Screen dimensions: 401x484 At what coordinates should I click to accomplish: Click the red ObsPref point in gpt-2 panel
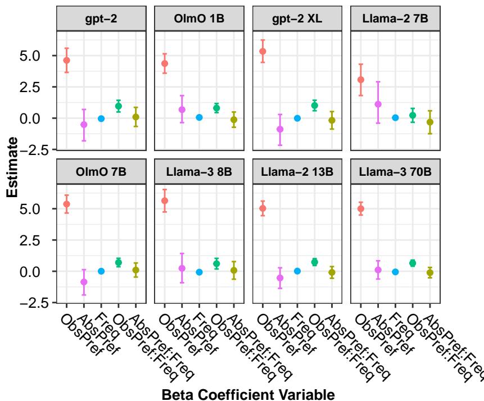pyautogui.click(x=67, y=60)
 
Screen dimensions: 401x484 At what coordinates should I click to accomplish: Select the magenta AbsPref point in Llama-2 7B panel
pyautogui.click(x=378, y=104)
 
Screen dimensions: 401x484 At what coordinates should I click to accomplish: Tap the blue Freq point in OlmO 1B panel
pyautogui.click(x=200, y=117)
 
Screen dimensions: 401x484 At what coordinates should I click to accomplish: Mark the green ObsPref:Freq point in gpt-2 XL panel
pyautogui.click(x=315, y=106)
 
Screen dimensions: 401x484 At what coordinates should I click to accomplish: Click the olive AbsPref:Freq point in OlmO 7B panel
pyautogui.click(x=136, y=270)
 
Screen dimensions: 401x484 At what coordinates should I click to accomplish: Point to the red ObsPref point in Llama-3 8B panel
pyautogui.click(x=165, y=200)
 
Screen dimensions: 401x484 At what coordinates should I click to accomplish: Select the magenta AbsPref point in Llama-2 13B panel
pyautogui.click(x=280, y=278)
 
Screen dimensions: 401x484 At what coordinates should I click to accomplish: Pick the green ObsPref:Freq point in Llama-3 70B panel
pyautogui.click(x=413, y=263)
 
